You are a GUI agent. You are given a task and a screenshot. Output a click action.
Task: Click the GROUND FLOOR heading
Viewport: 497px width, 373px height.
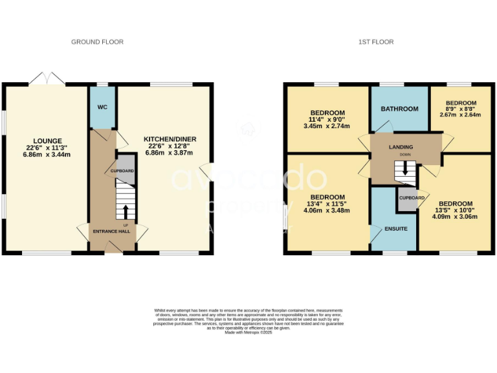(97, 42)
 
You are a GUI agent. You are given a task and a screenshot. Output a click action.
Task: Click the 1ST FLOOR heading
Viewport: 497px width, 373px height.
(376, 42)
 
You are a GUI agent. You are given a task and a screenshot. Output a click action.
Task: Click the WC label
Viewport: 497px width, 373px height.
(102, 107)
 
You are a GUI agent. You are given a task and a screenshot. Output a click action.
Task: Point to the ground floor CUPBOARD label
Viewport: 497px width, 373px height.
(122, 171)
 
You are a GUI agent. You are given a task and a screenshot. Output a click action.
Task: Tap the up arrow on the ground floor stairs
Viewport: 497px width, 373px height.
(125, 211)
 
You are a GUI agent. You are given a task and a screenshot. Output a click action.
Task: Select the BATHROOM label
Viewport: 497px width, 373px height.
(399, 109)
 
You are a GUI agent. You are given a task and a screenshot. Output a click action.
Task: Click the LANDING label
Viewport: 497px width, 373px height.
(401, 148)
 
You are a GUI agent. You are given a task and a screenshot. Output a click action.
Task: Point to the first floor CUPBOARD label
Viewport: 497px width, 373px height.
(412, 198)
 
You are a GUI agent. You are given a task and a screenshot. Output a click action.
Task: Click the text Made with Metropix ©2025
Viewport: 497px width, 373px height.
(248, 332)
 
